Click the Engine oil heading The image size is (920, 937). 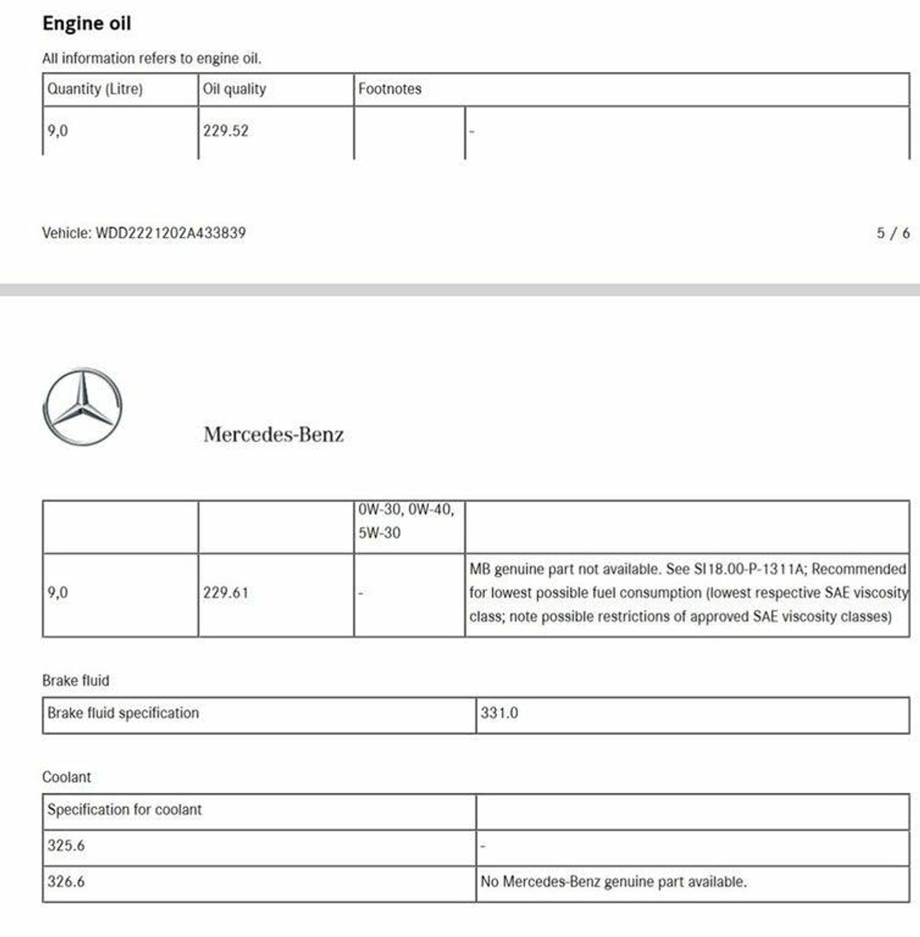pyautogui.click(x=87, y=23)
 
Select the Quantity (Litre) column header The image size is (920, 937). pyautogui.click(x=95, y=89)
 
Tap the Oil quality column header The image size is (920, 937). pyautogui.click(x=234, y=89)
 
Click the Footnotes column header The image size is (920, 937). pyautogui.click(x=390, y=89)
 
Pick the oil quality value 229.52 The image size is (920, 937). pyautogui.click(x=226, y=131)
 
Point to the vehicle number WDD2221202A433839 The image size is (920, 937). pyautogui.click(x=171, y=232)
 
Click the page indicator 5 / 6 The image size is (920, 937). pyautogui.click(x=893, y=233)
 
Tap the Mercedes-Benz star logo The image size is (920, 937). pyautogui.click(x=82, y=406)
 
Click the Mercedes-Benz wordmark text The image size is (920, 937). pyautogui.click(x=273, y=434)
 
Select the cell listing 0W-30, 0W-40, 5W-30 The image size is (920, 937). pyautogui.click(x=406, y=521)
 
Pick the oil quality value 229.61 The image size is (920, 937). pyautogui.click(x=226, y=593)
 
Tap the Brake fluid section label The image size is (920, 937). pyautogui.click(x=75, y=680)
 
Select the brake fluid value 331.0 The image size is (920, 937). pyautogui.click(x=499, y=713)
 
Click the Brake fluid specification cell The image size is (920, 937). pyautogui.click(x=123, y=713)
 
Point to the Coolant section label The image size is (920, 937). pyautogui.click(x=66, y=777)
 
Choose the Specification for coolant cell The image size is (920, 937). pyautogui.click(x=125, y=809)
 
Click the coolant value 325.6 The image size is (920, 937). pyautogui.click(x=66, y=846)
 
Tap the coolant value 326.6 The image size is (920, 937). pyautogui.click(x=66, y=881)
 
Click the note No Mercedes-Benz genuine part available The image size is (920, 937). pyautogui.click(x=613, y=881)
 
